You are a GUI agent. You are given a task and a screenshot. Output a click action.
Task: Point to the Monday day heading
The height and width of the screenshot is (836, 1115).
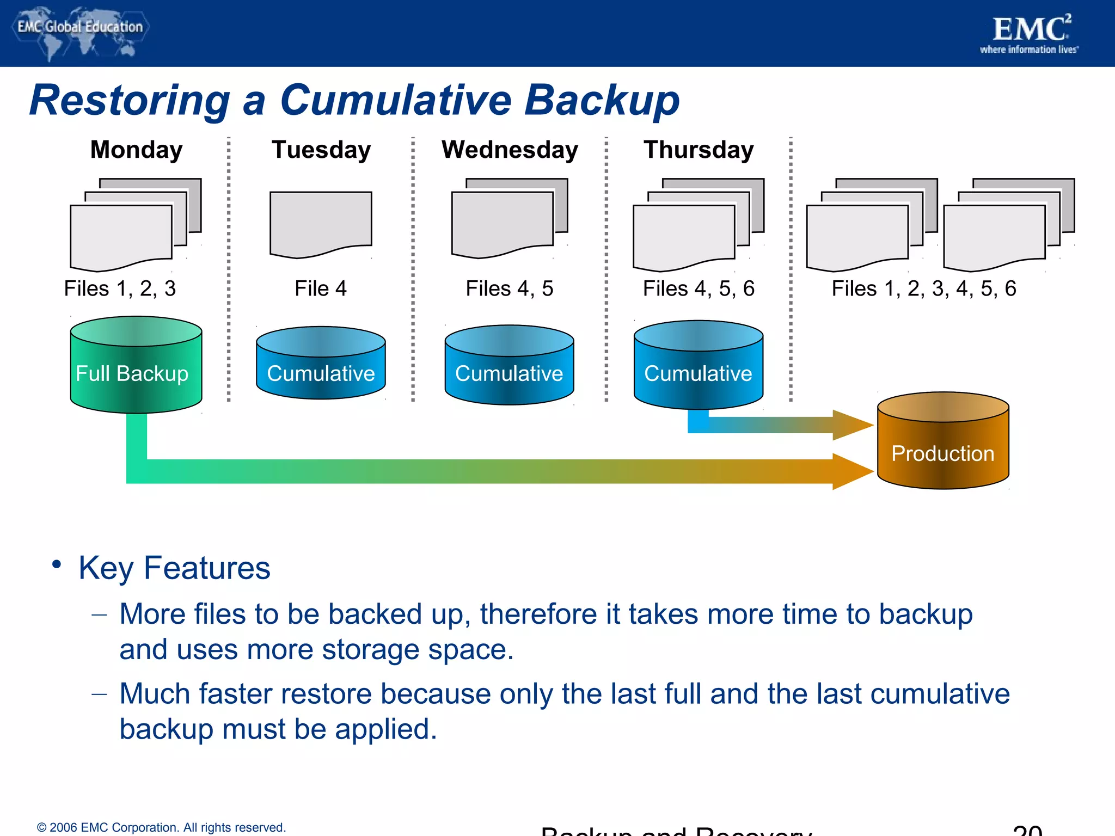click(136, 150)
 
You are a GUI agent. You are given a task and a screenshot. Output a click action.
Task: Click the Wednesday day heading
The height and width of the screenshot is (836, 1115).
click(510, 150)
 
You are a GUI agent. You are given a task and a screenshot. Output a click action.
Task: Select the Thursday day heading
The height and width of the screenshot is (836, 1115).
click(699, 150)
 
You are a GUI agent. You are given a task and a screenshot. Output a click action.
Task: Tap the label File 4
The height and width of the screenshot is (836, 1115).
click(321, 288)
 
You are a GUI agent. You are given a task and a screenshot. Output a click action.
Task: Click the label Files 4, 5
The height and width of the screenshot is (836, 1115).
click(510, 288)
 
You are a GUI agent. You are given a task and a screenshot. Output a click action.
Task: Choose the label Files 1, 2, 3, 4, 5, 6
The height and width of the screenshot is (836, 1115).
click(924, 288)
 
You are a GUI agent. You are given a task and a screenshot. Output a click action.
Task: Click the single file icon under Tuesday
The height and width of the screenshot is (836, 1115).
click(321, 223)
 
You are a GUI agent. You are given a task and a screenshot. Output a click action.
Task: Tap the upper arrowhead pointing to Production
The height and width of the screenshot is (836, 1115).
click(851, 425)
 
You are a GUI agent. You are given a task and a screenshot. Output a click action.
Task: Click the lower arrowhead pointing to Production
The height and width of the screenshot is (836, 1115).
click(851, 471)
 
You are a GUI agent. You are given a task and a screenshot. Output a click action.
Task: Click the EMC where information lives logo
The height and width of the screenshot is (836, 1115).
click(1030, 34)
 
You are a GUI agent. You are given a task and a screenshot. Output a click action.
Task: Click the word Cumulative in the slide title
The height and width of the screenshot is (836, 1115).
click(396, 100)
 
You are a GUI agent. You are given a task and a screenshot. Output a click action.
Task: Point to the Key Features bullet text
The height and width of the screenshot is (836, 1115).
click(174, 568)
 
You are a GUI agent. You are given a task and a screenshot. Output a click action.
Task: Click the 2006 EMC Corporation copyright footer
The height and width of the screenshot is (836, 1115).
click(161, 827)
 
